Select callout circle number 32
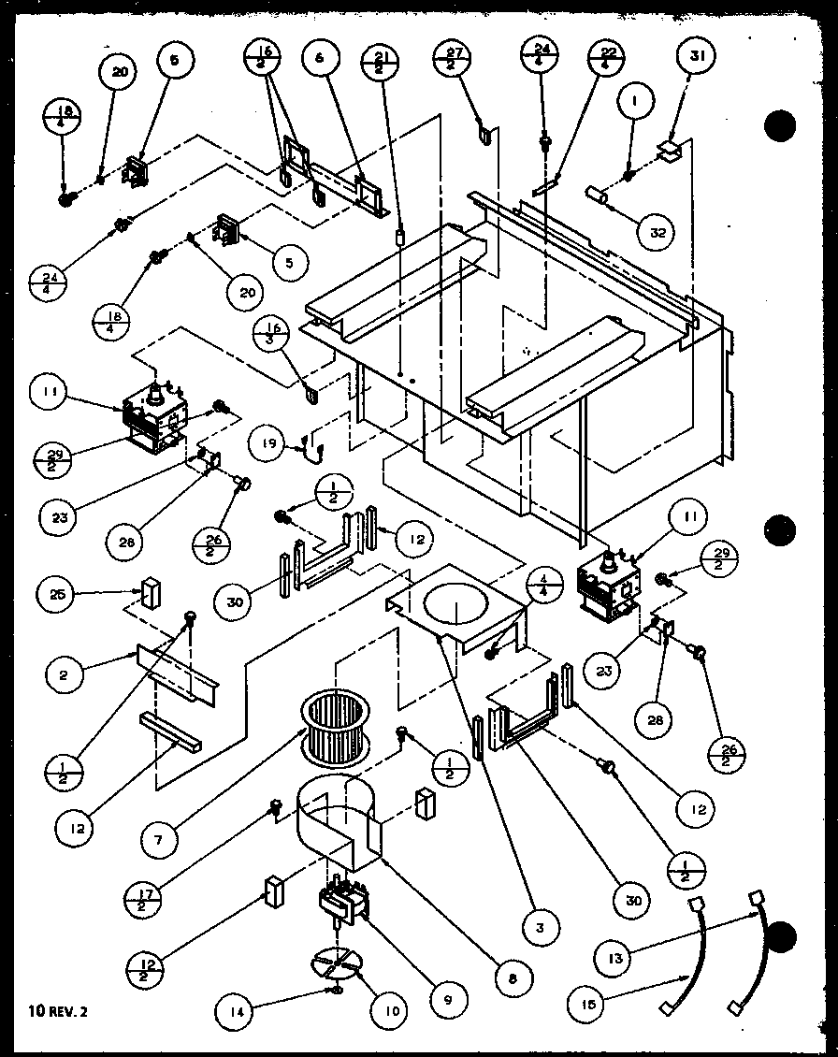(x=657, y=232)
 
